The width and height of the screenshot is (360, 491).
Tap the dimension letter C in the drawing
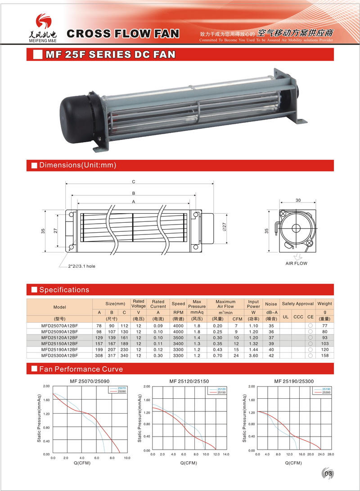click(134, 182)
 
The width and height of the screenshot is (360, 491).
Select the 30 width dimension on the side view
click(298, 200)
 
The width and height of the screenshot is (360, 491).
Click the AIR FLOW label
click(297, 263)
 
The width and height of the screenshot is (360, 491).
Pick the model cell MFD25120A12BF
click(59, 337)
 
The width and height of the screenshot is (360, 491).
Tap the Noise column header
click(271, 304)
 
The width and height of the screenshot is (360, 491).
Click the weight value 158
click(325, 355)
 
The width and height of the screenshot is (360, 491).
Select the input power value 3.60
click(253, 355)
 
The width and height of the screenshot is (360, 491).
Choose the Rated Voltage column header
click(138, 304)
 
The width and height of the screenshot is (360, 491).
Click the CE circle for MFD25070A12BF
click(310, 325)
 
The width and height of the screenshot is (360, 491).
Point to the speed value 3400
click(178, 343)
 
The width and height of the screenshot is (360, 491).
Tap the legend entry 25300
click(326, 393)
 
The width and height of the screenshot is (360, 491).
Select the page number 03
click(328, 473)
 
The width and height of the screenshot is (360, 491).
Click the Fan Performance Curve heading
click(81, 369)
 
